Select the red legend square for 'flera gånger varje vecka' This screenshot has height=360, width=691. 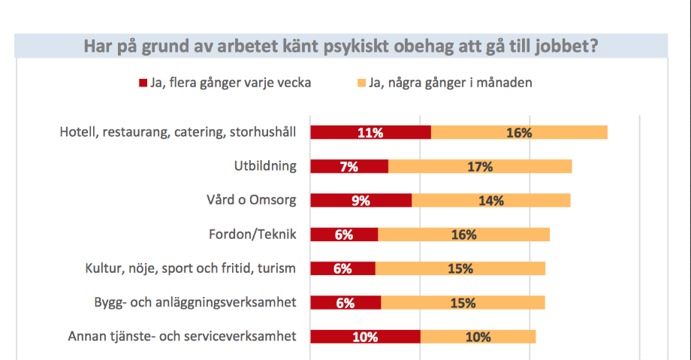tap(143, 83)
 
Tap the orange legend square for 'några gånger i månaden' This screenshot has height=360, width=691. tap(361, 83)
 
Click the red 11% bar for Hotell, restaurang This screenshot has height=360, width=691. tap(370, 132)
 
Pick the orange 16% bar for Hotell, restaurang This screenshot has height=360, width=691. tap(519, 132)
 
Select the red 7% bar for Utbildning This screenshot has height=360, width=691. tap(349, 167)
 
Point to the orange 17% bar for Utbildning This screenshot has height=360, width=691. tap(480, 167)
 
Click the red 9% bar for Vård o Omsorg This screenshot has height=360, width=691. tap(361, 201)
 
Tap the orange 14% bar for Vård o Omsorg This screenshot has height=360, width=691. tap(491, 201)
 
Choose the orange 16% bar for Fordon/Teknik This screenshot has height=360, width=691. tap(464, 234)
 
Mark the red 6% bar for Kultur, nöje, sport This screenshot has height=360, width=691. tap(342, 268)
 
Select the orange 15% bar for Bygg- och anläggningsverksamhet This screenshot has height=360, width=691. tap(463, 303)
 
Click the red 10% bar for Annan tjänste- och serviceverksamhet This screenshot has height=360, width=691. tap(365, 336)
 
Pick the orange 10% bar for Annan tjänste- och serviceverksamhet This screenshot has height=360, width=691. tap(478, 336)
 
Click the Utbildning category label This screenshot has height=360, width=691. tap(264, 166)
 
